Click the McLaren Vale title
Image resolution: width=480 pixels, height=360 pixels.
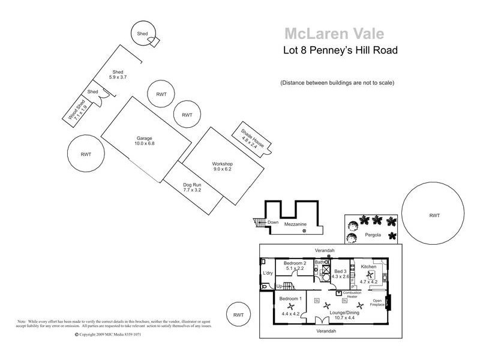click(334, 34)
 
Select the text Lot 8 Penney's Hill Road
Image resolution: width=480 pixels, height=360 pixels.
click(340, 50)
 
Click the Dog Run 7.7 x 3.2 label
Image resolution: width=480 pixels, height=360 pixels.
click(191, 187)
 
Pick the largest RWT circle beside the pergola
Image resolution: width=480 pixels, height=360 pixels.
click(434, 215)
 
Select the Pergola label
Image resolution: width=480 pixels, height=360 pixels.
click(373, 235)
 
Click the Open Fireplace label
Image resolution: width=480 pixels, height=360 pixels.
click(377, 302)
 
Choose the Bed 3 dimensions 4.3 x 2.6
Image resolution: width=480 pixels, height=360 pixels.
click(340, 277)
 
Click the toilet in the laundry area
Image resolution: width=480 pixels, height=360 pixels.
click(265, 287)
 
